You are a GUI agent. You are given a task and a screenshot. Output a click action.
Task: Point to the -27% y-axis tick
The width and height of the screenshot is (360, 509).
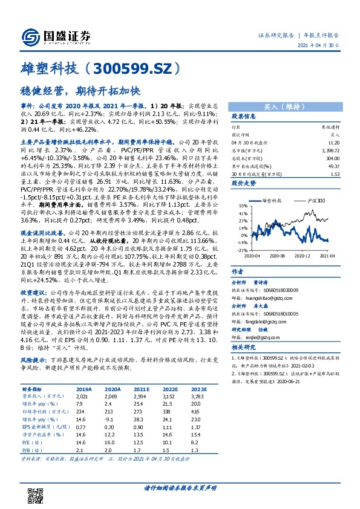(241, 249)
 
